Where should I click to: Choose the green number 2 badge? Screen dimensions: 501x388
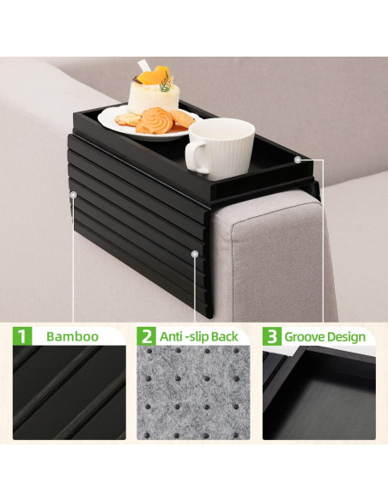click(x=147, y=336)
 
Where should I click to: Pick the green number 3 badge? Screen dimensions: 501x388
click(x=271, y=336)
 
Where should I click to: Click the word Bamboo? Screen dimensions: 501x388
click(x=71, y=336)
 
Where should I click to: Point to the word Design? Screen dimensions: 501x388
click(x=349, y=336)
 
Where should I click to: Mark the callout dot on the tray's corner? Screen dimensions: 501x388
click(x=298, y=159)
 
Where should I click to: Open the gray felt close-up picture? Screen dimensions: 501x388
click(x=194, y=395)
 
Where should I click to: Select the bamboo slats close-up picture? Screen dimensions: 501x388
click(x=70, y=395)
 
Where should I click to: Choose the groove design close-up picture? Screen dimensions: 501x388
click(x=318, y=395)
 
